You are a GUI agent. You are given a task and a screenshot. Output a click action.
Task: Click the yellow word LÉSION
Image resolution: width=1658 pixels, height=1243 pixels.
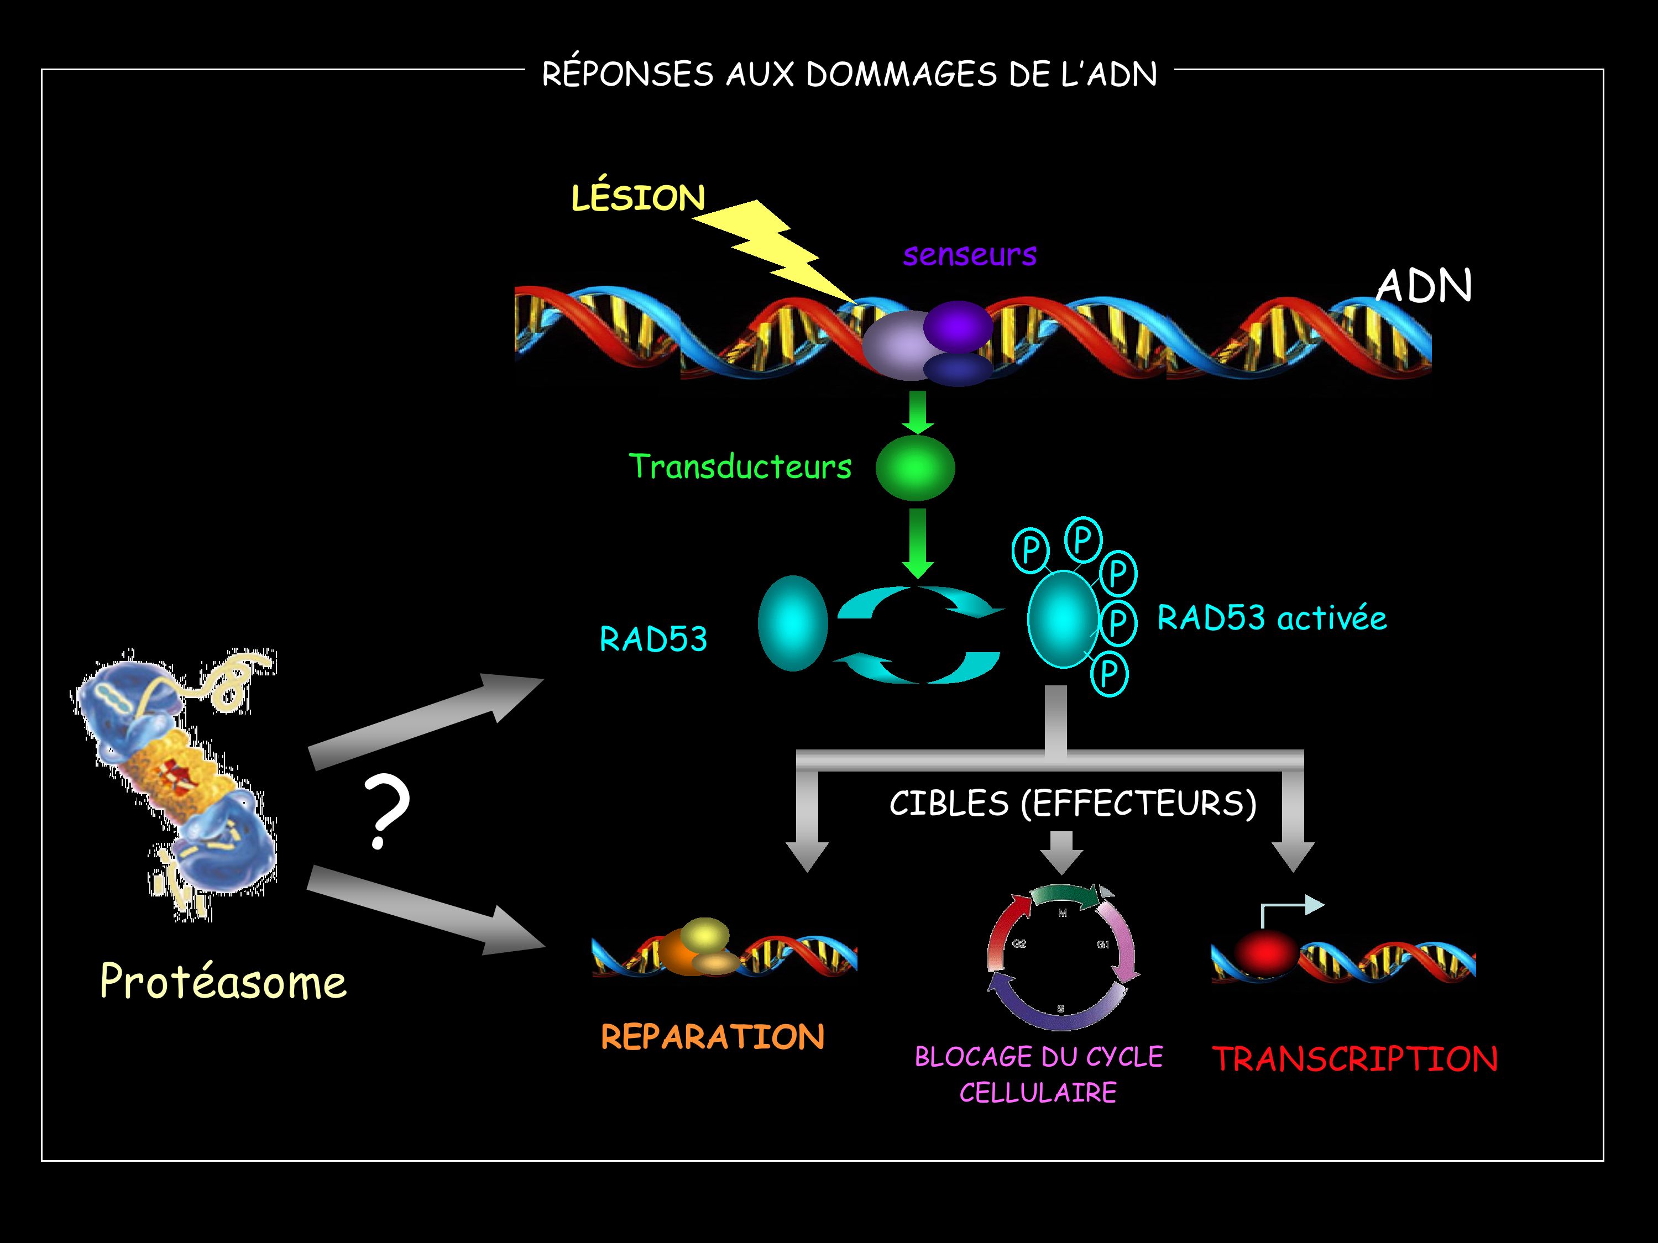click(x=638, y=198)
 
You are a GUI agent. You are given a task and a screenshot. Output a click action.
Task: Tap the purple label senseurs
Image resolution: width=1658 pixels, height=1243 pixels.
click(x=969, y=255)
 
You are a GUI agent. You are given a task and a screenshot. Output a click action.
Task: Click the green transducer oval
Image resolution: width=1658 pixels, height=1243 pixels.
click(x=915, y=468)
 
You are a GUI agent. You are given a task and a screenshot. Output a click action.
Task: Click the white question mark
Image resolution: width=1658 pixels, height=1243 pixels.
click(x=386, y=812)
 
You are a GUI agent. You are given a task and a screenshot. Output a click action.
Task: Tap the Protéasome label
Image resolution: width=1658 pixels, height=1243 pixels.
click(x=223, y=982)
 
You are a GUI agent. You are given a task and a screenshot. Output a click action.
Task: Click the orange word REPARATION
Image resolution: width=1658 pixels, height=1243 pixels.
click(x=712, y=1037)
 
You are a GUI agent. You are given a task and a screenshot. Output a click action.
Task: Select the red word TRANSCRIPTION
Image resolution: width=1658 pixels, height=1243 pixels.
click(x=1355, y=1059)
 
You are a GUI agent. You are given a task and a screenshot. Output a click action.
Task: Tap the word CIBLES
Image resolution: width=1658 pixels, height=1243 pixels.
click(x=948, y=804)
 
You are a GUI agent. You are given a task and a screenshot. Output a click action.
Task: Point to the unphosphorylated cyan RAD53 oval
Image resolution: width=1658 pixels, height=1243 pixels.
click(x=792, y=623)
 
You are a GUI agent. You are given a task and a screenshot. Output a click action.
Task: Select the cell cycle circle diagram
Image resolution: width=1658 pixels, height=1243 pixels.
click(x=1062, y=956)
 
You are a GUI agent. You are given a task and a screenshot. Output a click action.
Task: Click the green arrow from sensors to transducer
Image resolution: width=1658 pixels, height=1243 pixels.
click(x=917, y=412)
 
